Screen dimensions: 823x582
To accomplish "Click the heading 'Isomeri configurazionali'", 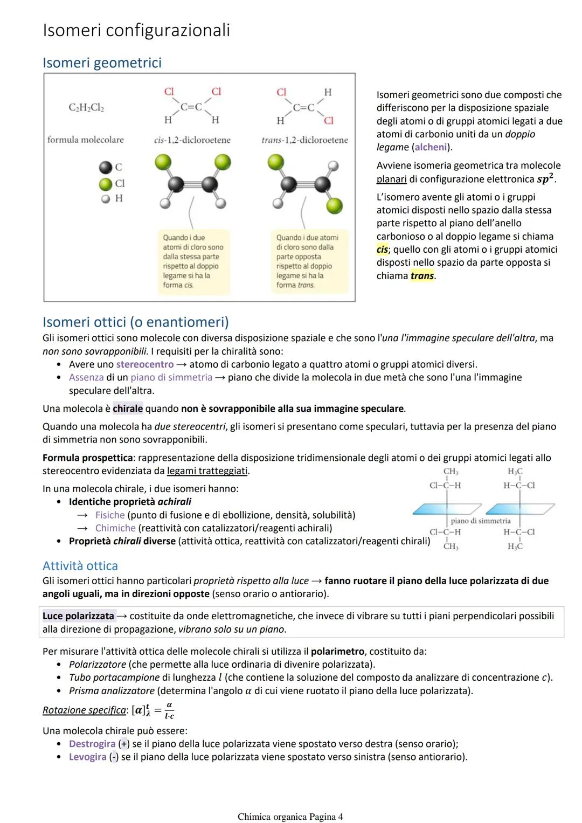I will [136, 30].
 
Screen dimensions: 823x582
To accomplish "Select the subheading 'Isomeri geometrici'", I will [102, 63].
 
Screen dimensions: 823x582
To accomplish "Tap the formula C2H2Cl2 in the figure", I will [86, 108].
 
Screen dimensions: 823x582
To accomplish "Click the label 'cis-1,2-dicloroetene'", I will [192, 140].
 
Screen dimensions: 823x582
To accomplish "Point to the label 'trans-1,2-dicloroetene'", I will [304, 140].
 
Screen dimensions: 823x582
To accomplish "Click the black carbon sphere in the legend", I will [106, 168].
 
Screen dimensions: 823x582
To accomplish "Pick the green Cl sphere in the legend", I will [106, 184].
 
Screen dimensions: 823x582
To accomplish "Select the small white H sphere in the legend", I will [106, 199].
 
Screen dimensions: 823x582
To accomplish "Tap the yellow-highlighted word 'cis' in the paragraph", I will [382, 250].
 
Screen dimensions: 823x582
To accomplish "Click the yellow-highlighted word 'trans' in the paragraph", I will [422, 276].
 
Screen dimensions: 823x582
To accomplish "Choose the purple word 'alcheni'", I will [431, 147].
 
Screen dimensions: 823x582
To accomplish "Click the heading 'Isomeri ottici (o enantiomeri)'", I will [136, 322].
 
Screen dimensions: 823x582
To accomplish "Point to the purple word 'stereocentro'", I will [144, 364].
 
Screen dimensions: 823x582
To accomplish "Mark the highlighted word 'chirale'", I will [128, 409].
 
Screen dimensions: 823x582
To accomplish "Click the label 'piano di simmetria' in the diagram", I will [480, 521].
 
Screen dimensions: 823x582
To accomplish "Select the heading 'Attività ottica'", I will [80, 566].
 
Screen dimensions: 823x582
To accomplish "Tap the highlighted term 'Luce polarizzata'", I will [79, 615].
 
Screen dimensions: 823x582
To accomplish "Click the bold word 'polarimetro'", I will [338, 651].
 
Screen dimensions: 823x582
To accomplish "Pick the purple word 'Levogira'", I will [87, 757].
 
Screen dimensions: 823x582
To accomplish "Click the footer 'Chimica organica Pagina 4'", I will [290, 817].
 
